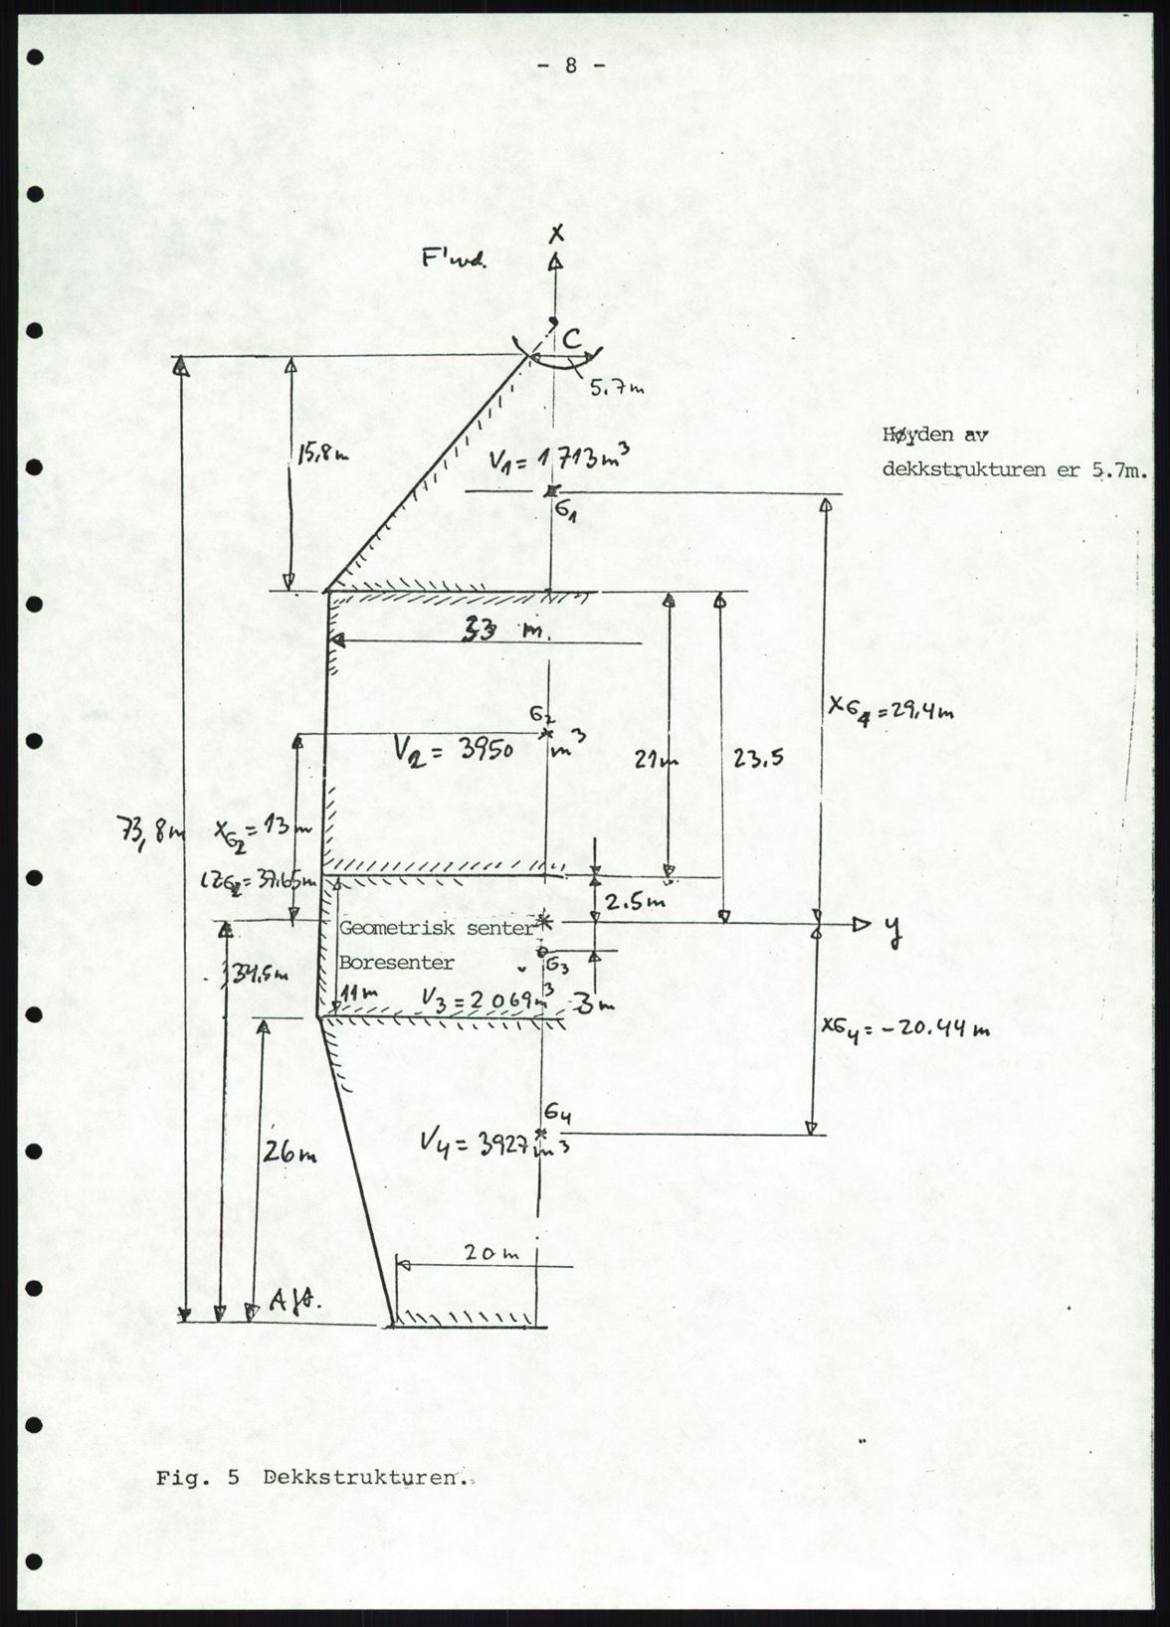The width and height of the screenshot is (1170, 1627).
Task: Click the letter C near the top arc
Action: pos(571,340)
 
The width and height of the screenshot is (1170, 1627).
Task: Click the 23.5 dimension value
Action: pos(758,759)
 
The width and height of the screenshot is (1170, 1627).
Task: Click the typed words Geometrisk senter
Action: pos(437,927)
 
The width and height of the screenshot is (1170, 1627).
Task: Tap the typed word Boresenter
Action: pos(397,963)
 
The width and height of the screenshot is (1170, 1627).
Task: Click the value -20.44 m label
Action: pos(904,1029)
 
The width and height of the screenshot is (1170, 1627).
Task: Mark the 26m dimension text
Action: pos(290,1154)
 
